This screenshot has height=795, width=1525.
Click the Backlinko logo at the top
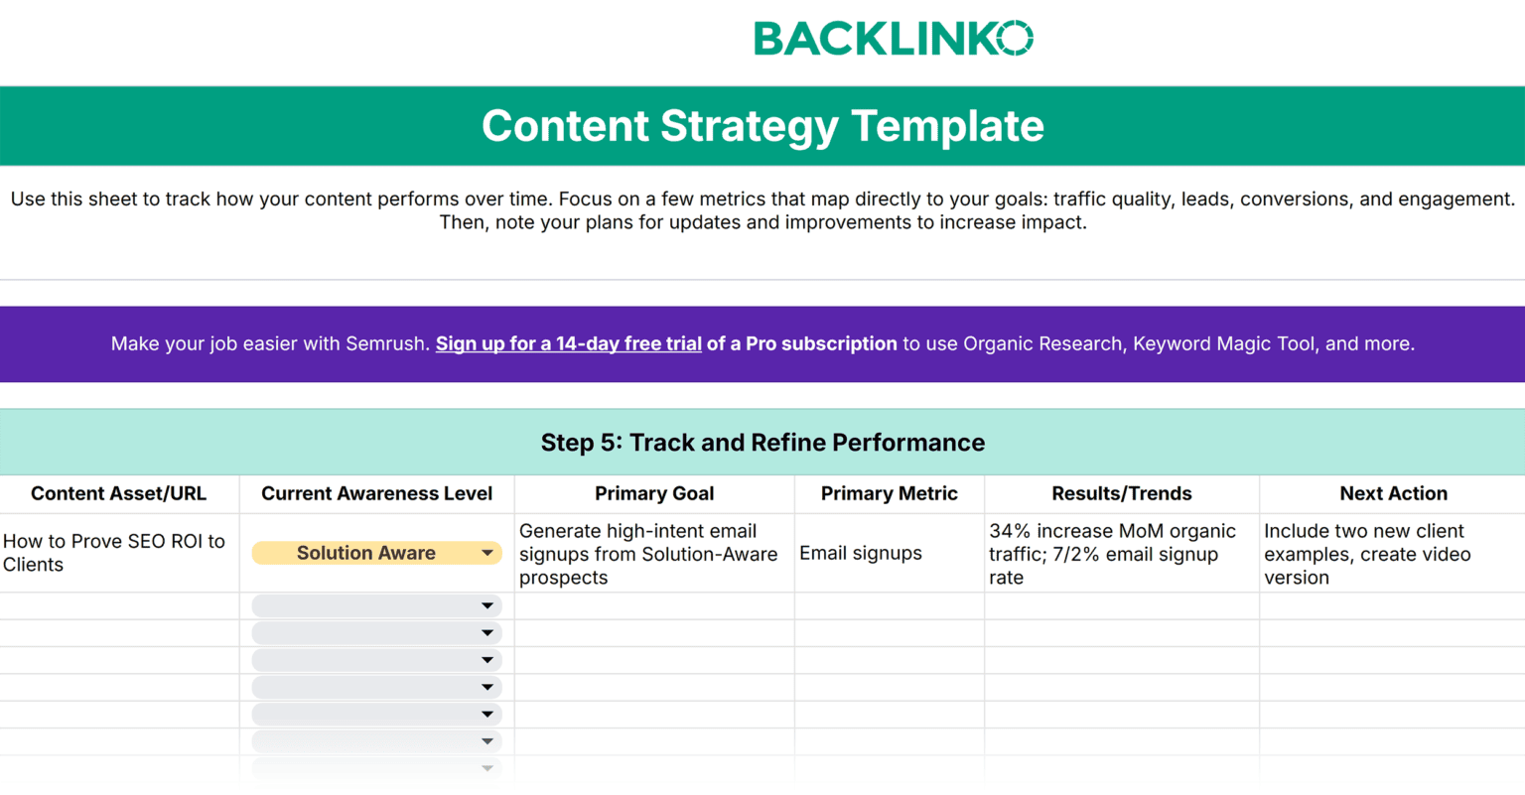pyautogui.click(x=893, y=39)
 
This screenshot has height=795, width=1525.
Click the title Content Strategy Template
pyautogui.click(x=762, y=126)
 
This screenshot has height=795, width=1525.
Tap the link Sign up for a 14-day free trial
pyautogui.click(x=568, y=344)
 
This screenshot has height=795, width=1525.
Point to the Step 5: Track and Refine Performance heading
pyautogui.click(x=762, y=443)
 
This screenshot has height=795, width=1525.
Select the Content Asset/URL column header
pyautogui.click(x=118, y=493)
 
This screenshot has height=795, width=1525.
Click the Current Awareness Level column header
pyautogui.click(x=376, y=493)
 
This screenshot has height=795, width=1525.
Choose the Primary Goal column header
pyautogui.click(x=653, y=493)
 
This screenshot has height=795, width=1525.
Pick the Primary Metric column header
pyautogui.click(x=889, y=493)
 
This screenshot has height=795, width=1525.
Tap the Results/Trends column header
pyautogui.click(x=1121, y=493)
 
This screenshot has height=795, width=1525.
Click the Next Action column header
pyautogui.click(x=1393, y=493)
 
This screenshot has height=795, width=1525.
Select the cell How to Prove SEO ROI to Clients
pyautogui.click(x=114, y=553)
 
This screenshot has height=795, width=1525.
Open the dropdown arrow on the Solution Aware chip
pyautogui.click(x=487, y=553)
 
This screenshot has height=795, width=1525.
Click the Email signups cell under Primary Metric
pyautogui.click(x=860, y=553)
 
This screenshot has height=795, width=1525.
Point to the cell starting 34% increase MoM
pyautogui.click(x=1112, y=554)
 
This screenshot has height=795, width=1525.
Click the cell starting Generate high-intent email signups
pyautogui.click(x=647, y=554)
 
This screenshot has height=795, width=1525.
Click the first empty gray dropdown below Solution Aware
pyautogui.click(x=376, y=605)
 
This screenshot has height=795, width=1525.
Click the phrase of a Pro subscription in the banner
pyautogui.click(x=801, y=344)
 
